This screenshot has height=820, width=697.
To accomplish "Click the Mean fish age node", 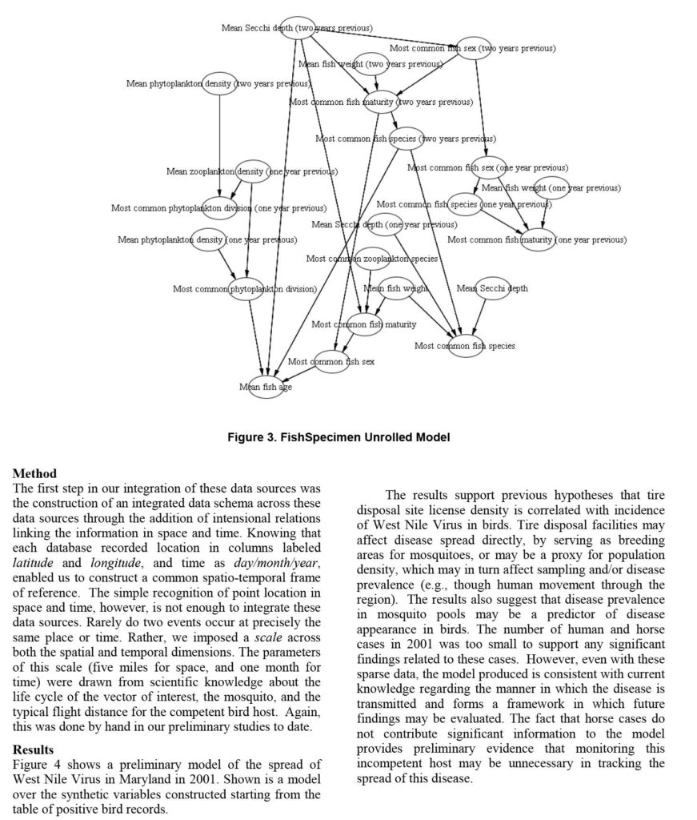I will click(x=266, y=387).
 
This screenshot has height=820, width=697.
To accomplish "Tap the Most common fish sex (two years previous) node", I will click(x=472, y=49).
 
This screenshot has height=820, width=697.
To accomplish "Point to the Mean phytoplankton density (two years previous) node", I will click(x=219, y=83).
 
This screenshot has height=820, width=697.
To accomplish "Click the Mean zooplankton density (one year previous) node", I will click(x=252, y=171).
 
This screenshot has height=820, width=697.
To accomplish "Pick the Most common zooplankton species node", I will click(x=372, y=259).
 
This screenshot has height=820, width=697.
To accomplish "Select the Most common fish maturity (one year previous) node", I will click(x=537, y=239).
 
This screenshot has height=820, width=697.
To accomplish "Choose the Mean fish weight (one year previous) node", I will click(x=551, y=188).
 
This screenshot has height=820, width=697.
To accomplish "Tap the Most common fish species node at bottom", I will click(x=465, y=346).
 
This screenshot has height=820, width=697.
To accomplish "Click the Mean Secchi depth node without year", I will click(x=492, y=288).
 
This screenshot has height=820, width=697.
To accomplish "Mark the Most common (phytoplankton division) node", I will click(x=245, y=289).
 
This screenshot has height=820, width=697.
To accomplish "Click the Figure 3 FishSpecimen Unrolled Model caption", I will click(x=349, y=437).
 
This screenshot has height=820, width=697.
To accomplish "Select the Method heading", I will click(x=34, y=474).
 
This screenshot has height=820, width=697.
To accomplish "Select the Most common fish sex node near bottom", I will click(x=330, y=362).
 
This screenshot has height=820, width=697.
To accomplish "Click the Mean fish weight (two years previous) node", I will click(x=371, y=64).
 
